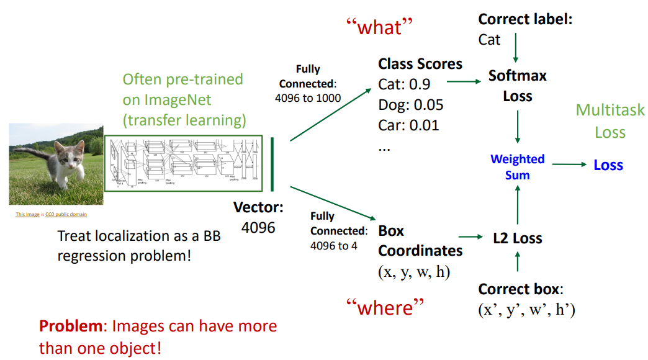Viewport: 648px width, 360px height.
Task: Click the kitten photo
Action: (55, 164)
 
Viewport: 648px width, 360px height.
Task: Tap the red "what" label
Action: (379, 27)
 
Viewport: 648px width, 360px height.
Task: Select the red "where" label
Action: (385, 307)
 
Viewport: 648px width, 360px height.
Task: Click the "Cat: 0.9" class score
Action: (404, 84)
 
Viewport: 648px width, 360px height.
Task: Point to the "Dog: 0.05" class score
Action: (411, 104)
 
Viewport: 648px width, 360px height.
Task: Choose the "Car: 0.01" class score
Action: (408, 125)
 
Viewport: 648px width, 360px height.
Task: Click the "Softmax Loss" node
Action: (518, 86)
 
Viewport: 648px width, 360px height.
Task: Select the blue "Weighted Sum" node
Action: (517, 167)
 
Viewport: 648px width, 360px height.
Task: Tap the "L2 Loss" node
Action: (518, 238)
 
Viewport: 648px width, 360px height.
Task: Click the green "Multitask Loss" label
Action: (610, 121)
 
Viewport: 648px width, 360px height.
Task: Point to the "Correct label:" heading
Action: (525, 19)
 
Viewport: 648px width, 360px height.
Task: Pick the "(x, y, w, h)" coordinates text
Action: (414, 272)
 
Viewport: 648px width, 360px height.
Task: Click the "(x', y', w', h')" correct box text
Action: (526, 310)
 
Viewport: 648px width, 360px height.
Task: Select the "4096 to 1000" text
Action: (308, 97)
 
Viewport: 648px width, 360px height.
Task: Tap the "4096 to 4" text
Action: (335, 245)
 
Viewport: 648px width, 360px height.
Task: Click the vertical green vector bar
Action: (272, 164)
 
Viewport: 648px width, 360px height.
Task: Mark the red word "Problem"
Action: (66, 326)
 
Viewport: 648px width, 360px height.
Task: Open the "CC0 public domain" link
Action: (66, 215)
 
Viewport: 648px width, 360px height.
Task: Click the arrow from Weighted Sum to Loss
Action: (569, 164)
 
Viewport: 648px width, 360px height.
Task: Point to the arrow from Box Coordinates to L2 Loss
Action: (470, 237)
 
